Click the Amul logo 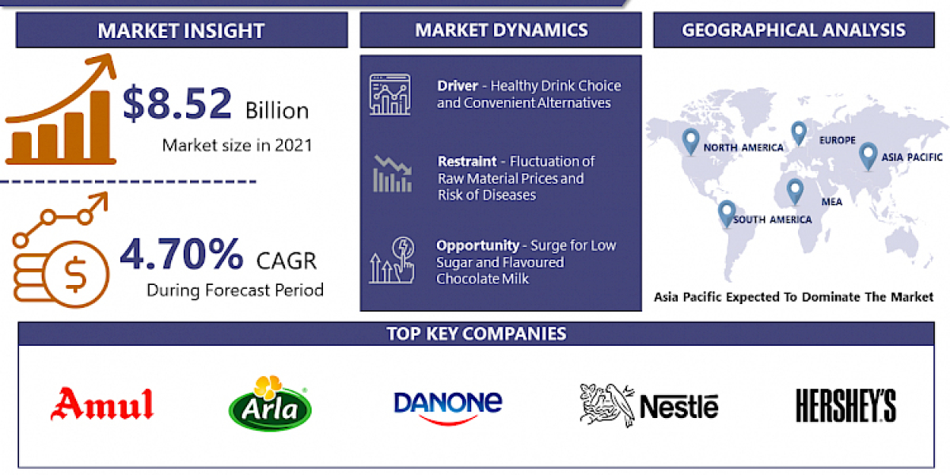coord(101,405)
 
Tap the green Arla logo coord(269,404)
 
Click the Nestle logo coord(648,405)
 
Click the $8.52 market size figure coord(178,104)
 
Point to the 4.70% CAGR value coord(181,255)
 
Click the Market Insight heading coord(180,31)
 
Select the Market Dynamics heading coord(501,31)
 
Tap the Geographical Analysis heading coord(793,31)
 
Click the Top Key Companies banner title coord(477,333)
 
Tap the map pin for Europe coord(798,132)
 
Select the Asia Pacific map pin coord(868,154)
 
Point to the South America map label coord(772,219)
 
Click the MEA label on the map coord(831,202)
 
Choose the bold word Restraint coord(467,161)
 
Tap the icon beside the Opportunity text coord(391,260)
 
